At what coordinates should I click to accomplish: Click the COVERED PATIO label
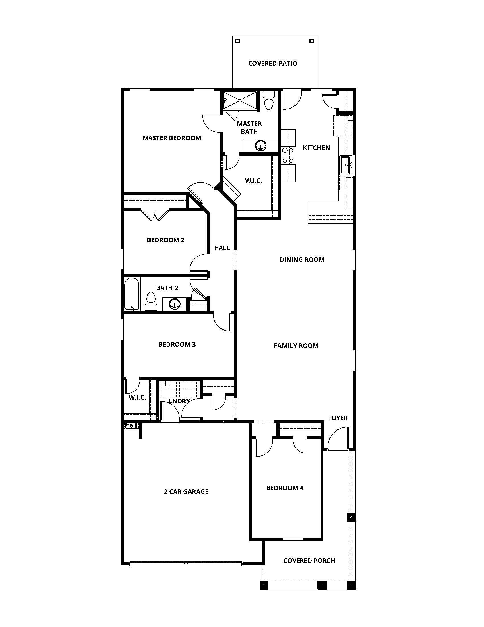272,63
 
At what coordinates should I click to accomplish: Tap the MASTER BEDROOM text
172,138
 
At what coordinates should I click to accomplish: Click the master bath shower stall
240,100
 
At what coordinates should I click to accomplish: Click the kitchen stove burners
288,155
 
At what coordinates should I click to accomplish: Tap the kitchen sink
346,165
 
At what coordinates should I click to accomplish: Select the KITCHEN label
316,148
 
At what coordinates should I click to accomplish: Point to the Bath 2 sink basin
174,304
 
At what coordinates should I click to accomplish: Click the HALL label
222,248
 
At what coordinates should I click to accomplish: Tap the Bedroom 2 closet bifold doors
155,215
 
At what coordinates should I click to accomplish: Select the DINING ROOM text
302,260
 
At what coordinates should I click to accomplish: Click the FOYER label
337,418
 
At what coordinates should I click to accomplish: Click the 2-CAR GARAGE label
186,492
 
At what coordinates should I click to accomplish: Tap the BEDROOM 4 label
284,488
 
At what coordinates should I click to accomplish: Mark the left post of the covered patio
237,41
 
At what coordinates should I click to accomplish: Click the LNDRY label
179,401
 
